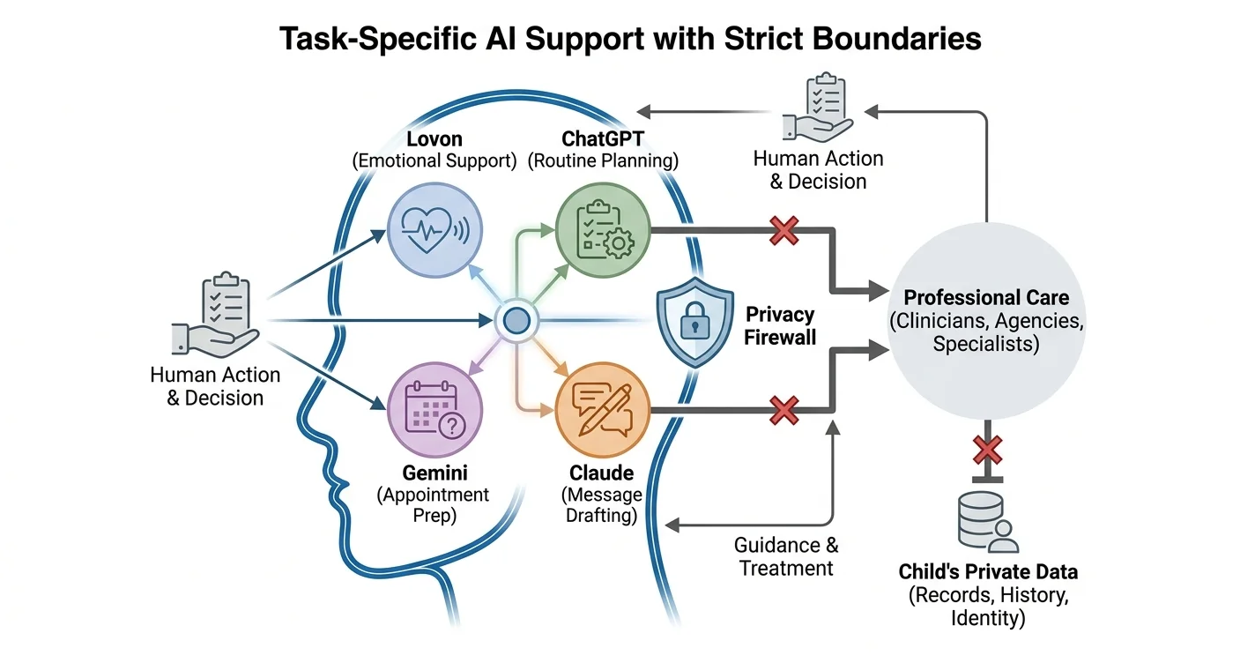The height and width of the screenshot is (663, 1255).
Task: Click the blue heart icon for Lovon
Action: pos(434,230)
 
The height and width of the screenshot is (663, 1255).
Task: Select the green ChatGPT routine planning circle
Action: pos(603,230)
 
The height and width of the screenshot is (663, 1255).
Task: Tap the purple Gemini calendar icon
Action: pos(434,410)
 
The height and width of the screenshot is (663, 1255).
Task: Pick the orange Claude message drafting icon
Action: pos(603,410)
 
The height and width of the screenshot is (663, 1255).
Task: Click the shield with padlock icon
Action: pos(694,323)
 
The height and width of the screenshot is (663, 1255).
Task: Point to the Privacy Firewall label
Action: pos(779,325)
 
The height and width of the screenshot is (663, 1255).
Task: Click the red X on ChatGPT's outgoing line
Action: pos(783,230)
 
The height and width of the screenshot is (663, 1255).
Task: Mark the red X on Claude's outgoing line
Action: pos(783,410)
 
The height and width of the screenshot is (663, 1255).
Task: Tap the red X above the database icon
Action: pos(987,450)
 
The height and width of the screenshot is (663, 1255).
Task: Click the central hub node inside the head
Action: pos(516,321)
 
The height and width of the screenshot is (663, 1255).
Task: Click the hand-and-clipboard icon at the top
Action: pos(818,107)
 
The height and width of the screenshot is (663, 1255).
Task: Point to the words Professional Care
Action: pos(986,297)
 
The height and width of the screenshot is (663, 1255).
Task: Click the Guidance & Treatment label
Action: pos(786,556)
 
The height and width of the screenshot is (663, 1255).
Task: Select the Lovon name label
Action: pos(434,138)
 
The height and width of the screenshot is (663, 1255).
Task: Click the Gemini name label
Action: pos(434,473)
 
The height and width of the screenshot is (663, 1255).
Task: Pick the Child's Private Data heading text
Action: pos(988,571)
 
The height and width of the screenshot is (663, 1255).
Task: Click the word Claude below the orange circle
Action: pos(602,473)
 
